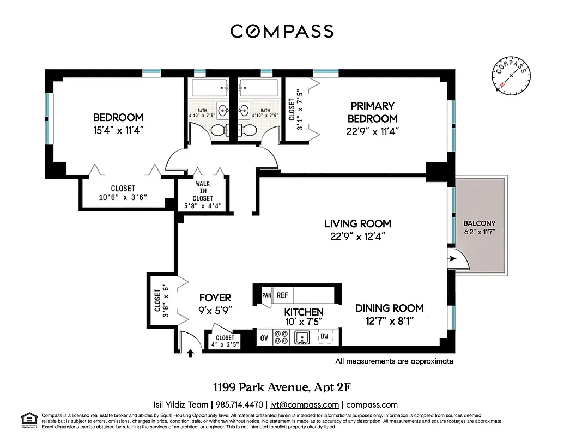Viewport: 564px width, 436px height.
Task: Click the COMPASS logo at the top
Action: [x=282, y=31]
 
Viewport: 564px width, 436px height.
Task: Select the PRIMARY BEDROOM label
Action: [x=373, y=112]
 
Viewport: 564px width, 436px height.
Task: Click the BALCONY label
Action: [x=480, y=223]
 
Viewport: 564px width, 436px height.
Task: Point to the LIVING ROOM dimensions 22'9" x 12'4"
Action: [x=357, y=237]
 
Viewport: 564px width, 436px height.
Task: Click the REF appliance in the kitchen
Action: [x=282, y=295]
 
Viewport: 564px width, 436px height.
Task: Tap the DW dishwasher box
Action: [x=324, y=337]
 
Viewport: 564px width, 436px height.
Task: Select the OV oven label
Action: [x=264, y=338]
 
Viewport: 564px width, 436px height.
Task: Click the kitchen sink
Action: [x=302, y=338]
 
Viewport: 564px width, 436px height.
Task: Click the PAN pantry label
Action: [x=266, y=295]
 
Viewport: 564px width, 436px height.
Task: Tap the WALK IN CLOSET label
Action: [x=202, y=191]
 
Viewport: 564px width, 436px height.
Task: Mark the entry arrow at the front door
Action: [x=190, y=353]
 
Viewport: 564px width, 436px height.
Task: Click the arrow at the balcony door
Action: [x=451, y=259]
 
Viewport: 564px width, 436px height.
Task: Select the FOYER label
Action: [x=215, y=298]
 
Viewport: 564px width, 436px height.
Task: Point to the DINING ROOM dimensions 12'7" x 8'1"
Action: [x=389, y=321]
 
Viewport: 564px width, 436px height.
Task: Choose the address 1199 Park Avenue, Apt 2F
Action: [x=282, y=387]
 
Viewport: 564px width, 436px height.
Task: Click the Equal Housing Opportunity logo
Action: [x=28, y=419]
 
